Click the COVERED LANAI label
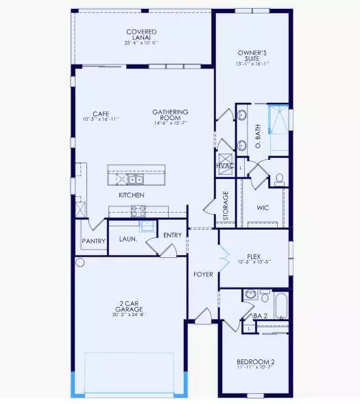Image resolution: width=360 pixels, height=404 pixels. (141, 32)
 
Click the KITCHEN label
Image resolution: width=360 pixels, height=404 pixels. (131, 195)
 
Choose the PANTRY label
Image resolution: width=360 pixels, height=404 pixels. (93, 241)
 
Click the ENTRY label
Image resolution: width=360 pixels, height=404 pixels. (171, 235)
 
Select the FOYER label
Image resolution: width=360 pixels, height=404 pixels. (203, 274)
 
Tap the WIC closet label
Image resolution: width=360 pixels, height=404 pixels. (262, 206)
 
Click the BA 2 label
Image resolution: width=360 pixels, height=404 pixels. (261, 316)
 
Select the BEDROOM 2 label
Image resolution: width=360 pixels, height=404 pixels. (255, 361)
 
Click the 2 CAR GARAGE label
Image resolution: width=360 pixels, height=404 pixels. (130, 309)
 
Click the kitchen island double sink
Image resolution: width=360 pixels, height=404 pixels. (129, 180)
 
